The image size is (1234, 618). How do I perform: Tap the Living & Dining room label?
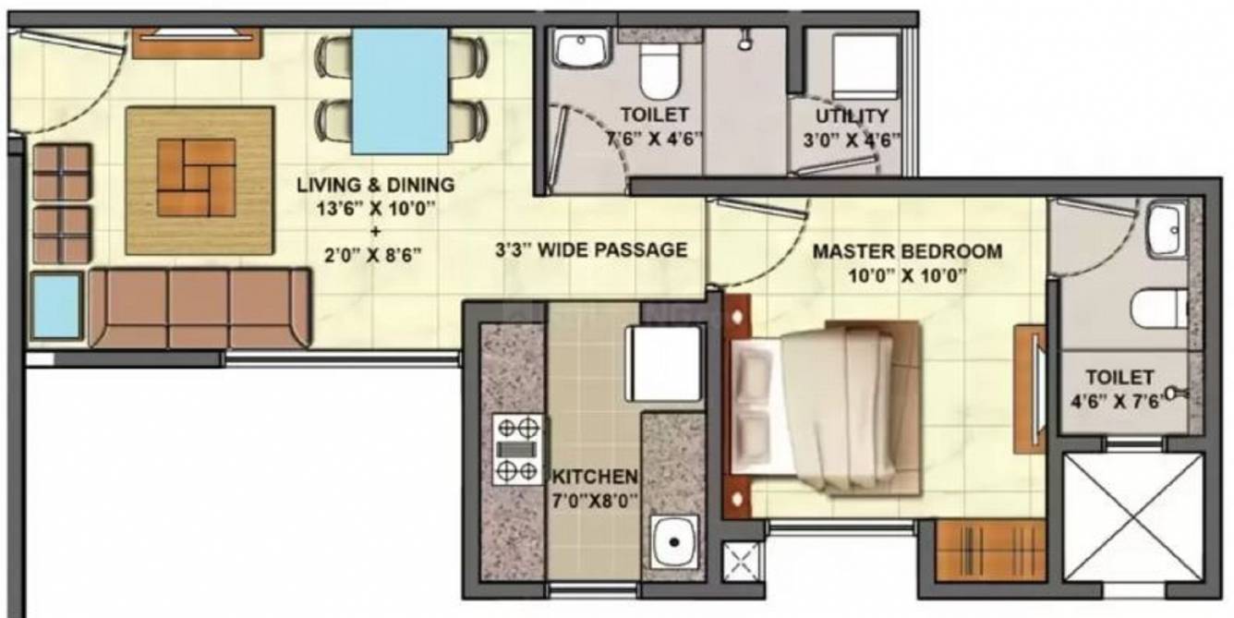coord(375,185)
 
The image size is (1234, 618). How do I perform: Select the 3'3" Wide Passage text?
coord(591,249)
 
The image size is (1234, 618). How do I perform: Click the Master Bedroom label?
coord(907,251)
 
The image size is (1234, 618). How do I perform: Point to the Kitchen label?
coord(595,477)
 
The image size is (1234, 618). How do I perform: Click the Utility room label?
coord(851,116)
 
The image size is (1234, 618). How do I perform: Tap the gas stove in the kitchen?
coord(517,449)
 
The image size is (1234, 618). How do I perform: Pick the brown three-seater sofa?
coord(200,308)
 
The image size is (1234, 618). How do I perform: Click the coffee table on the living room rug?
coord(196,178)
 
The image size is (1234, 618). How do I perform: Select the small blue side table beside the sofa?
coord(56,306)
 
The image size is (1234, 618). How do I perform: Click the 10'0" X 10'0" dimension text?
coord(907,273)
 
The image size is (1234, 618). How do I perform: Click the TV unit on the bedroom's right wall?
coord(1030,389)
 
